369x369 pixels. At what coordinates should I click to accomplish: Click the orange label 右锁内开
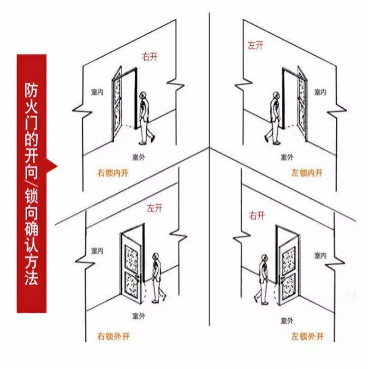click(113, 173)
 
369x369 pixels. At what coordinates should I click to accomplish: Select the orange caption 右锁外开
click(113, 336)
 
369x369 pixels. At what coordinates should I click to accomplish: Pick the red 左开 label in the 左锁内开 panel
click(256, 45)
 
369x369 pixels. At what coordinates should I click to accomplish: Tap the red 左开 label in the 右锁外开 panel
click(155, 208)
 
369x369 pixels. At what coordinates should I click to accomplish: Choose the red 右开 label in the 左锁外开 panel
click(256, 215)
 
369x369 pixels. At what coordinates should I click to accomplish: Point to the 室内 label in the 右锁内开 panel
click(97, 92)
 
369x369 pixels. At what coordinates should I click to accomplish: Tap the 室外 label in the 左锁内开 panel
click(287, 157)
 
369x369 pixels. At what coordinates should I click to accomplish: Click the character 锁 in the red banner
click(31, 202)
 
